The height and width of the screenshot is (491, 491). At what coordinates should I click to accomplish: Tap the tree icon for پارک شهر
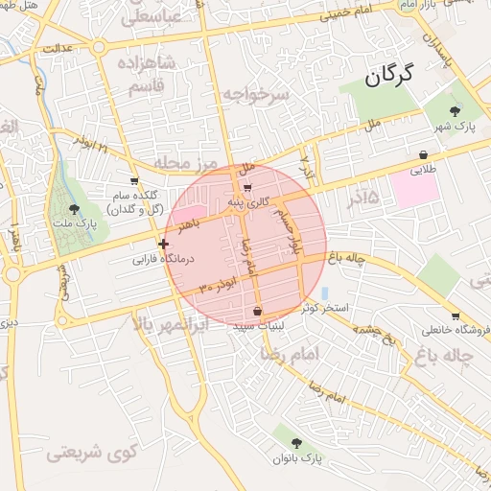(468, 111)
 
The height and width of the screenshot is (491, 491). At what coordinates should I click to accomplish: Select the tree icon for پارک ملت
(75, 209)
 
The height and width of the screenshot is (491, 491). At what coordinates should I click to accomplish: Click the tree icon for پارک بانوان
(296, 442)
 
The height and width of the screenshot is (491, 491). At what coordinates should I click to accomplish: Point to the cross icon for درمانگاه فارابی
(164, 245)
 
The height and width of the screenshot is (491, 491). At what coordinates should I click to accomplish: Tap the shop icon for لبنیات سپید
(258, 311)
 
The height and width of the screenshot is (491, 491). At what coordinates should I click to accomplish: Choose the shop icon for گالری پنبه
(248, 188)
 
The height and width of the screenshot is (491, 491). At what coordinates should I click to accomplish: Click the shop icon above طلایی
(423, 154)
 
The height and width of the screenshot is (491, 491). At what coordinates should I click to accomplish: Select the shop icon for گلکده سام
(133, 179)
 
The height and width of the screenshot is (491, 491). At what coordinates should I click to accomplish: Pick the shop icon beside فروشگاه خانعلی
(455, 316)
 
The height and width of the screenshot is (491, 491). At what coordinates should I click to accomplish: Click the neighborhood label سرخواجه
(255, 94)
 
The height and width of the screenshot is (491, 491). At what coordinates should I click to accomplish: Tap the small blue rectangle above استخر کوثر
(324, 292)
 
